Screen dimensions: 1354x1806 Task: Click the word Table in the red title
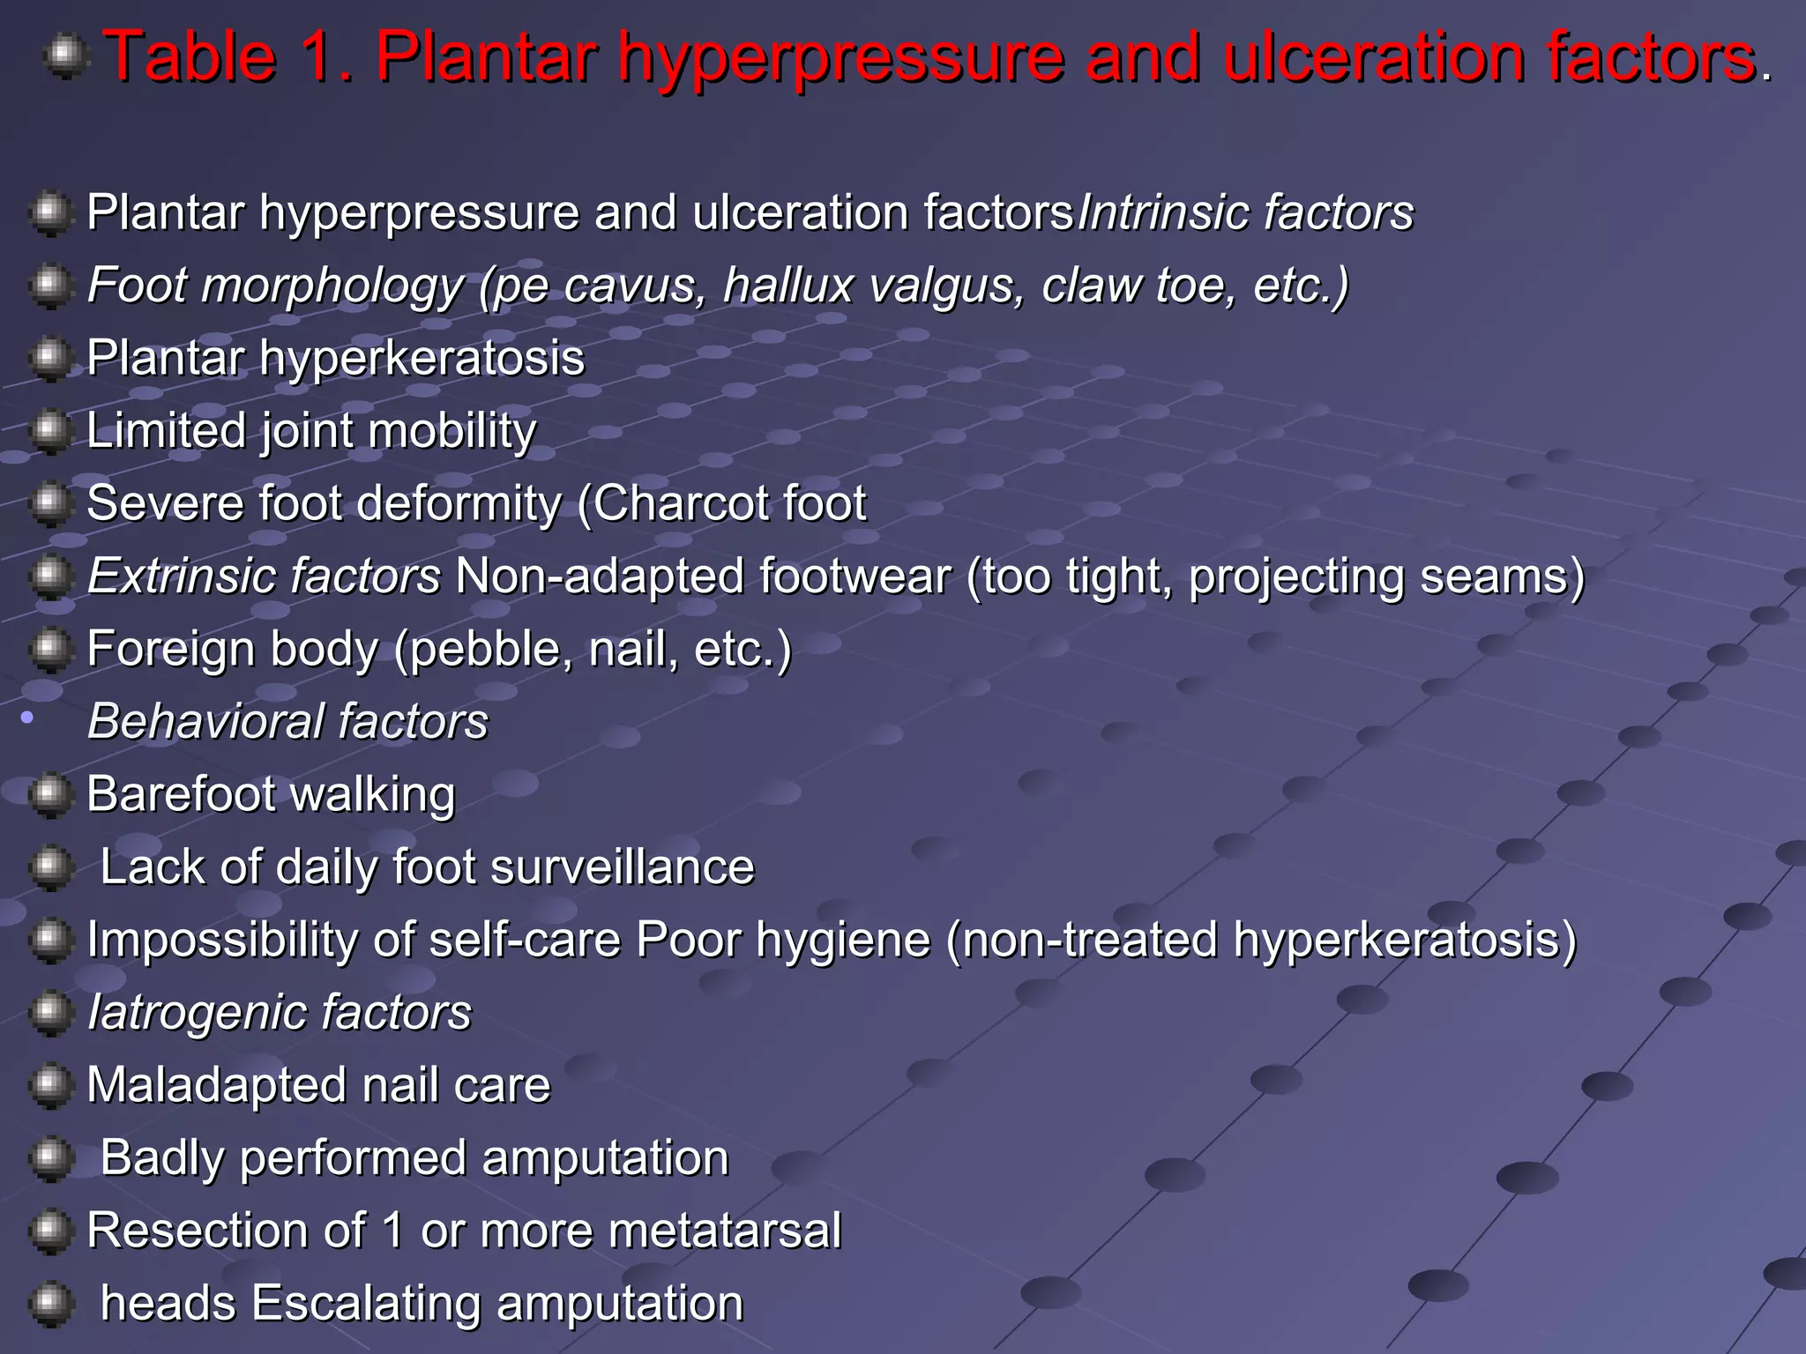190,58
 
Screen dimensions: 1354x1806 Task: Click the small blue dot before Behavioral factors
27,718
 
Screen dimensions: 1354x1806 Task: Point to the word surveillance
623,868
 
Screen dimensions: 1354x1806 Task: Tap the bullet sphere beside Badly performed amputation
50,1157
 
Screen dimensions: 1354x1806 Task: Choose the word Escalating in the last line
366,1304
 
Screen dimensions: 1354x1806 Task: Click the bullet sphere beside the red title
66,57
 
